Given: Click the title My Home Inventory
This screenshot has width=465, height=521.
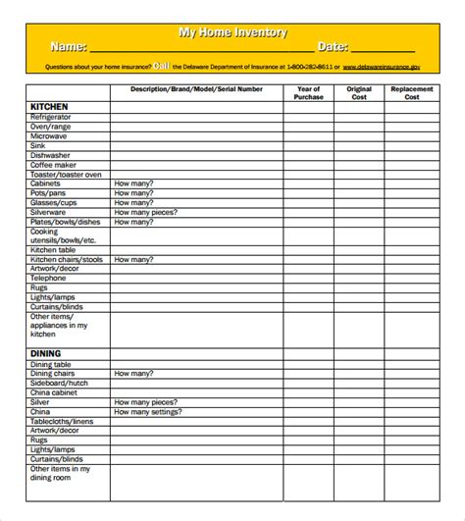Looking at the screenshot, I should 232,32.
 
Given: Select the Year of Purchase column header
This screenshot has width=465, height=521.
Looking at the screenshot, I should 309,93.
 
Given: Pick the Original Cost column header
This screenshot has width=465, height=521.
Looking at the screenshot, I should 359,93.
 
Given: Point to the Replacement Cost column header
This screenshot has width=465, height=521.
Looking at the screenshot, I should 412,93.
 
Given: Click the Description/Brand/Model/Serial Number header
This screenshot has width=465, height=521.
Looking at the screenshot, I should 196,89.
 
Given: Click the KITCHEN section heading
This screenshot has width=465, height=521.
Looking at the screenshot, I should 50,106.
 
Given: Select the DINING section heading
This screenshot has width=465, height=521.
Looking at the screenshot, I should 45,353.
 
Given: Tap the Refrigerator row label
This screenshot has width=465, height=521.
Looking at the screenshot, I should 51,117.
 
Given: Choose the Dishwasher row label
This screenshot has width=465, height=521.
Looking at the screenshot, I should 49,155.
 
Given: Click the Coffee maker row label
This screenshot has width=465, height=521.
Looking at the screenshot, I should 53,165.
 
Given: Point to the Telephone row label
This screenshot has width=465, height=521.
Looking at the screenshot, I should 48,278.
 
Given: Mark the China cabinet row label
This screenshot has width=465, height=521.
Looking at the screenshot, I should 55,392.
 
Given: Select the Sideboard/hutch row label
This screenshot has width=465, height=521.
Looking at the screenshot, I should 59,383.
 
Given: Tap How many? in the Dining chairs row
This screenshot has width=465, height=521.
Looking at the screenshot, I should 133,374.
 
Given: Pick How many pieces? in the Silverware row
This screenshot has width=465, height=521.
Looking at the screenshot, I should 145,212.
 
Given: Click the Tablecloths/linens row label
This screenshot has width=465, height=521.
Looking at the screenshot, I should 63,421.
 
